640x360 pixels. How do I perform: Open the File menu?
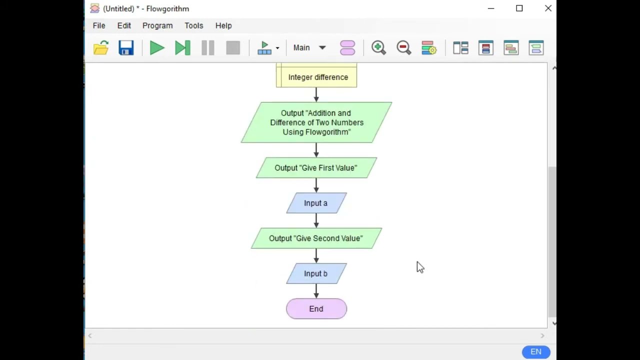[99, 25]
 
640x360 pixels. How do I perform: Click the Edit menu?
[124, 25]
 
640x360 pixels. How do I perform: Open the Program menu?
[157, 25]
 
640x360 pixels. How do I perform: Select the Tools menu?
[193, 25]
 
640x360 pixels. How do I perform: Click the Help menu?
[223, 25]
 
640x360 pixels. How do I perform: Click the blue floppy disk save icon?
[126, 48]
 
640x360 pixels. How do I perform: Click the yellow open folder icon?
[101, 48]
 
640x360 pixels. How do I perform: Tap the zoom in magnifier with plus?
[378, 48]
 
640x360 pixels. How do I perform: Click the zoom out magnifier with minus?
[403, 48]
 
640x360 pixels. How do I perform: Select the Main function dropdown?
[309, 48]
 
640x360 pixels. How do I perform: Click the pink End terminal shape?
[316, 309]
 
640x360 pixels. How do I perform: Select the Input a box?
[316, 203]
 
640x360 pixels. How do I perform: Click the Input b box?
[316, 274]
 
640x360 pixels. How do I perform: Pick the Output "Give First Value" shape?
[316, 168]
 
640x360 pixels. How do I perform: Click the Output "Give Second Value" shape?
[316, 238]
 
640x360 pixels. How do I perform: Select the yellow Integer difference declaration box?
[316, 77]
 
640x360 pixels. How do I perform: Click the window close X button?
[548, 8]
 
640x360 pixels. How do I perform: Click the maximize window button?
[519, 8]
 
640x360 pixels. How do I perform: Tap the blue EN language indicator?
[536, 352]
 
